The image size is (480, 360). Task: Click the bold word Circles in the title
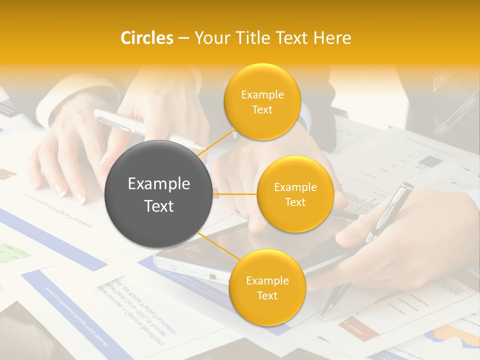147,38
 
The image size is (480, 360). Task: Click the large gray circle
159,194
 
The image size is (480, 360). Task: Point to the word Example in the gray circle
159,184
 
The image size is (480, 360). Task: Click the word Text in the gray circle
159,206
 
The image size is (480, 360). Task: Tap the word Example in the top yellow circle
262,95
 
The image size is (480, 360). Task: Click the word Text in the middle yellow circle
295,202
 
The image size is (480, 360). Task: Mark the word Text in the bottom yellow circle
267,295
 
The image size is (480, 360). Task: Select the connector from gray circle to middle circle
235,194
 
